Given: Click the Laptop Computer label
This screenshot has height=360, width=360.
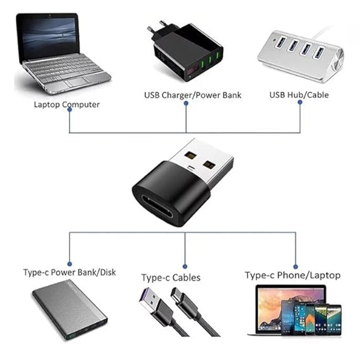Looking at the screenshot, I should [x=67, y=105].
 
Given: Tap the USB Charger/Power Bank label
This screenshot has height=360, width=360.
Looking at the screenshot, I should [x=193, y=95].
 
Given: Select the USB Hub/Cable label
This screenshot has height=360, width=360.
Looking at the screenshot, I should [x=299, y=95].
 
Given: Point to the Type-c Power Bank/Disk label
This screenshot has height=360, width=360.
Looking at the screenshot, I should [x=69, y=272].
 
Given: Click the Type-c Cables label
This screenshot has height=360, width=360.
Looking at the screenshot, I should [x=171, y=278].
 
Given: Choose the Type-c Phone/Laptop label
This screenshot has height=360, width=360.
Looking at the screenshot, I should [x=292, y=275].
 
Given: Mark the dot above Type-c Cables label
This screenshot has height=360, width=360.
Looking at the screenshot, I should [x=185, y=265].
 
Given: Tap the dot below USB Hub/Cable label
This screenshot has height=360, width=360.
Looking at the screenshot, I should [x=300, y=102].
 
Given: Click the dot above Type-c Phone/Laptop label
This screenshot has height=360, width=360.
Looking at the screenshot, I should [x=295, y=266].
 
